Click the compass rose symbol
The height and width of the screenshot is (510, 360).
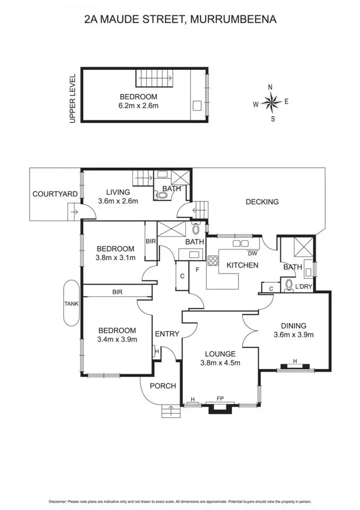click(x=271, y=103)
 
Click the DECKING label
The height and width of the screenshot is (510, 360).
click(x=262, y=202)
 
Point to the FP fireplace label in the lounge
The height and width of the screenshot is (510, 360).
click(x=220, y=398)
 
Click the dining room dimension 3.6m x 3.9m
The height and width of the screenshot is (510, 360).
click(x=293, y=335)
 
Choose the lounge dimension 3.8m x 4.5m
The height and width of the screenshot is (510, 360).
click(x=220, y=363)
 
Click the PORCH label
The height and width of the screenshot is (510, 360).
click(x=163, y=385)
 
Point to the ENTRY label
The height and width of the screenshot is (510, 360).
click(x=167, y=334)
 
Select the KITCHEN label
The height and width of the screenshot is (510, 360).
click(x=242, y=265)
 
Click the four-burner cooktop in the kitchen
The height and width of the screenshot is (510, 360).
click(x=213, y=260)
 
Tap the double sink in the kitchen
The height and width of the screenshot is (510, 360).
click(x=241, y=244)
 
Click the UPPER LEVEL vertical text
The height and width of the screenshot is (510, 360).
click(x=73, y=99)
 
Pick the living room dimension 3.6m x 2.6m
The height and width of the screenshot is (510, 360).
click(x=118, y=201)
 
